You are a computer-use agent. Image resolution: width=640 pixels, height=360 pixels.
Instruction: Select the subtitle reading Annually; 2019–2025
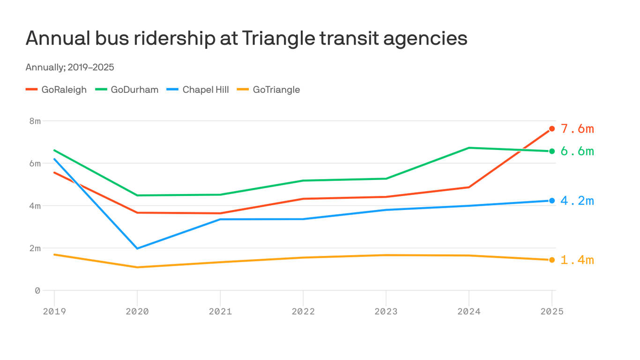pos(70,67)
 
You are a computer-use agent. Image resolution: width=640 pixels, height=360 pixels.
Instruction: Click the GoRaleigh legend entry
pos(57,90)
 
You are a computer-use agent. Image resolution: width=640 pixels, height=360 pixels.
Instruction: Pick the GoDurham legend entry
pos(127,90)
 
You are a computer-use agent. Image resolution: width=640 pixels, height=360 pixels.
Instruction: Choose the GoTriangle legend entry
pos(269,90)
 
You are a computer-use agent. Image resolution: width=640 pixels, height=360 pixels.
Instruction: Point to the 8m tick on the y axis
pos(35,121)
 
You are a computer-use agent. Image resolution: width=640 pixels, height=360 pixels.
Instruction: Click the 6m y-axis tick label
pos(35,164)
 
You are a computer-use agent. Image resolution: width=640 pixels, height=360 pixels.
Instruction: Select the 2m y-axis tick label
pos(35,248)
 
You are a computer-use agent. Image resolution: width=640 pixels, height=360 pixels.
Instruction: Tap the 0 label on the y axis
pos(37,291)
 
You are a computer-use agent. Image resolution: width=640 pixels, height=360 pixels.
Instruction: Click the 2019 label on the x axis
pos(54,312)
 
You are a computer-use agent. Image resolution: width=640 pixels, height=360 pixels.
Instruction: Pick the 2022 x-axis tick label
pos(303,312)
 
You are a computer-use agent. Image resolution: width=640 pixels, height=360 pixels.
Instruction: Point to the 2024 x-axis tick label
pos(469,312)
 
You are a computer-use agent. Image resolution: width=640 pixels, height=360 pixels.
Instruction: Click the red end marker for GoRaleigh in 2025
pos(552,129)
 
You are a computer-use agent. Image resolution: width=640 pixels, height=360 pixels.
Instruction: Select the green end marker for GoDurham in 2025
pos(552,151)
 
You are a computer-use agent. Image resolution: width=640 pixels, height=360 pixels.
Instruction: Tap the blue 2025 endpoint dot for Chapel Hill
pos(552,201)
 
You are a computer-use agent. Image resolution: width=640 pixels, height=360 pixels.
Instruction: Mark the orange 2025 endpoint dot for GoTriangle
pos(552,260)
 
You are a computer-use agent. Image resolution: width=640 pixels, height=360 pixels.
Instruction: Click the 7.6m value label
pos(577,129)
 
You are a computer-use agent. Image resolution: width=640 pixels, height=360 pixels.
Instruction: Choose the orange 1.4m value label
pos(577,260)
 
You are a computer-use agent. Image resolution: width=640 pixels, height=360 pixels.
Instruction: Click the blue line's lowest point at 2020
pos(137,248)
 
